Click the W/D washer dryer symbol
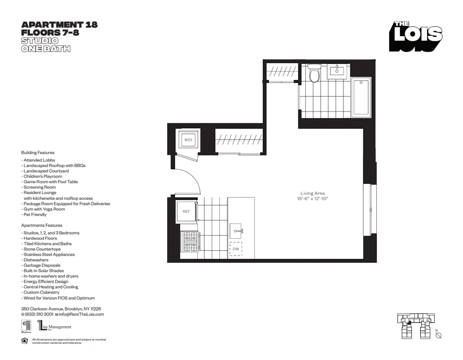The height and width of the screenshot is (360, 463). click(x=188, y=139)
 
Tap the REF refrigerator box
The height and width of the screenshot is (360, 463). click(x=186, y=211)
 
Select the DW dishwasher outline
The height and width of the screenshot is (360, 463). click(x=236, y=248)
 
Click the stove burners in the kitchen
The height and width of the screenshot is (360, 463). click(x=190, y=241)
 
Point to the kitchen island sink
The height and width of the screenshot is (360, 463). click(x=236, y=230)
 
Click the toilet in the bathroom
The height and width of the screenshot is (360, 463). click(x=314, y=74)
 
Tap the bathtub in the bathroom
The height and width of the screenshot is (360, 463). click(x=361, y=98)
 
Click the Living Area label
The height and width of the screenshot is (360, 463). click(x=313, y=193)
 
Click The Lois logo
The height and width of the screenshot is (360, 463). click(x=415, y=36)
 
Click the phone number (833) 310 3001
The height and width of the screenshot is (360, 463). click(x=38, y=314)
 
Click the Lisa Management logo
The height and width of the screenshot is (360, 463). click(x=55, y=327)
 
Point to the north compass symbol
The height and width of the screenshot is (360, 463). click(x=438, y=335)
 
